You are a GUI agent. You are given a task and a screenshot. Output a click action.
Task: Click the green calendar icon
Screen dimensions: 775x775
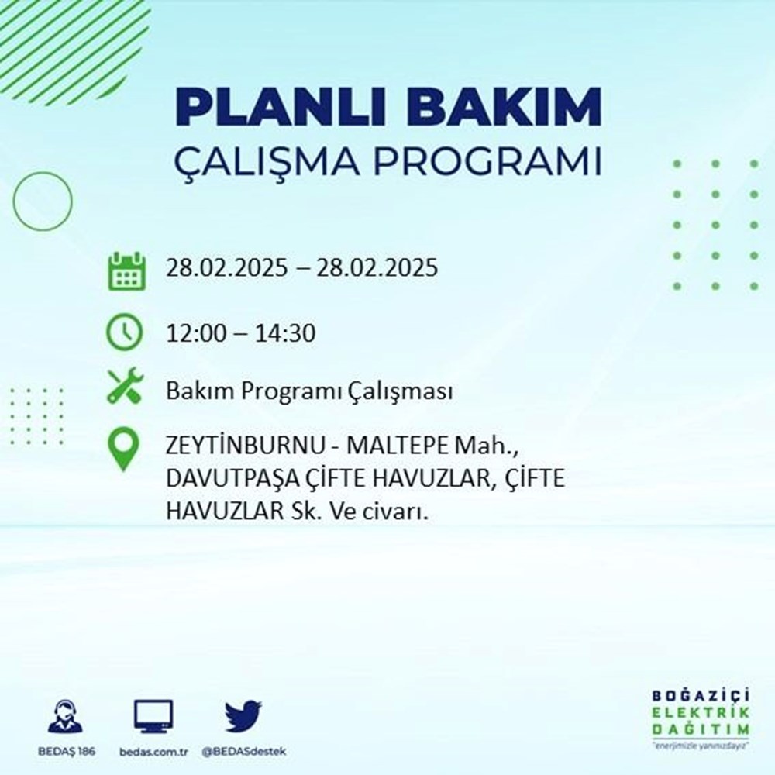coord(126,270)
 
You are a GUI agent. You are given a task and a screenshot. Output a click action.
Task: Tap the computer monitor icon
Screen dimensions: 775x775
coord(153,717)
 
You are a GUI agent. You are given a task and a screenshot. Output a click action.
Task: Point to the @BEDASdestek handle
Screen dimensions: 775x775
coord(243,753)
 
